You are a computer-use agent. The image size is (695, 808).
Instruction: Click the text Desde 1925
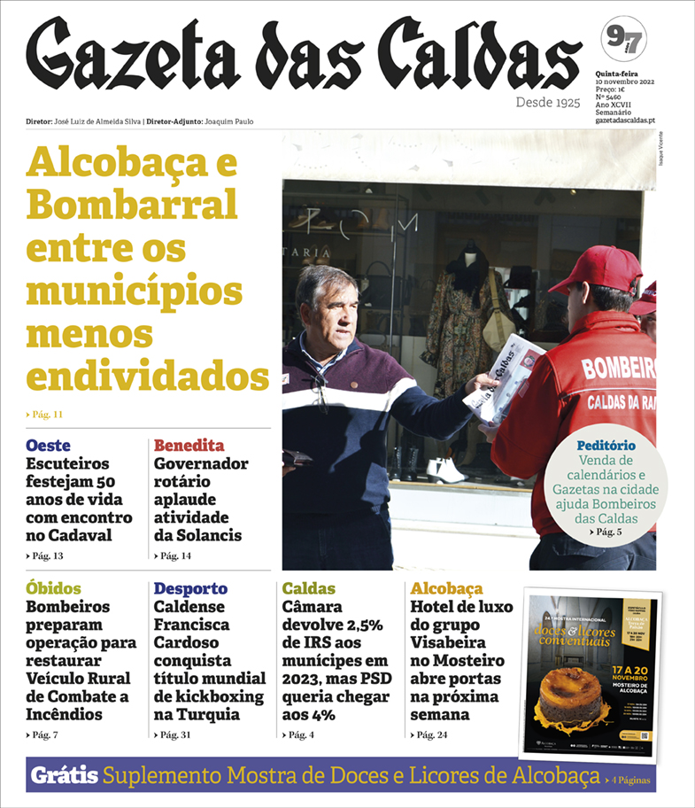[548, 103]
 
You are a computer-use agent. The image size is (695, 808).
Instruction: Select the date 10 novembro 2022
[624, 82]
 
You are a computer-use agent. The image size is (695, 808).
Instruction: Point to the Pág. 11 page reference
[45, 414]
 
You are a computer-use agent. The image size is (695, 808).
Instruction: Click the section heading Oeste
[48, 445]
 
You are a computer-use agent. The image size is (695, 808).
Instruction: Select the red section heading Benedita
[189, 445]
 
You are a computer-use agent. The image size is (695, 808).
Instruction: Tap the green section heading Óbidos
[53, 588]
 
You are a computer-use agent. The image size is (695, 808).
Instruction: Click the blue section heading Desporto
[190, 588]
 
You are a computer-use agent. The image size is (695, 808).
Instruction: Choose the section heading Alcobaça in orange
[446, 588]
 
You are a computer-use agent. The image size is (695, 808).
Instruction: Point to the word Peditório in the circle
[606, 445]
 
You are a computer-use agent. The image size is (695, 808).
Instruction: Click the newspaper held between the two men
[502, 377]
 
